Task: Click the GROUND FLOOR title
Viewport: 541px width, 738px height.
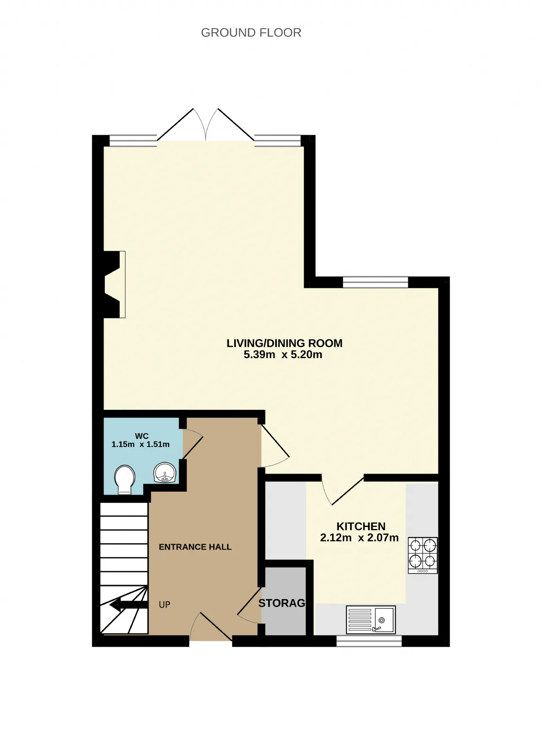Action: [x=251, y=33]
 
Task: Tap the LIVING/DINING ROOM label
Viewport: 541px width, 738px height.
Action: [x=284, y=343]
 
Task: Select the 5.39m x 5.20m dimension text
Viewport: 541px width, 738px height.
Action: [x=283, y=354]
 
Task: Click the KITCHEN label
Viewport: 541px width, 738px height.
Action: [x=361, y=526]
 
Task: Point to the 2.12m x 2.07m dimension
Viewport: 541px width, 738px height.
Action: [x=359, y=538]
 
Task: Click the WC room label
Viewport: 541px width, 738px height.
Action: [x=142, y=436]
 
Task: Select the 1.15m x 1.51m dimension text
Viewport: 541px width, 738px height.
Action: [x=140, y=444]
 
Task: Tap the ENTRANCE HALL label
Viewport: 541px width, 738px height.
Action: [x=195, y=547]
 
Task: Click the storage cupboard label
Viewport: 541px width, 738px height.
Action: [x=282, y=603]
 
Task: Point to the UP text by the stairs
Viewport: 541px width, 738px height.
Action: [x=164, y=605]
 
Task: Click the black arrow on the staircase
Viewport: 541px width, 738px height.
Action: [x=128, y=605]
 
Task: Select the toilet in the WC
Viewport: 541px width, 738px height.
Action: [x=124, y=480]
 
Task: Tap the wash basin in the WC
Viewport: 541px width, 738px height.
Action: [x=164, y=473]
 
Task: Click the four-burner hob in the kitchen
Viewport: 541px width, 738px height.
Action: [x=423, y=555]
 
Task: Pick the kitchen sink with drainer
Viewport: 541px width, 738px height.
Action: [x=371, y=620]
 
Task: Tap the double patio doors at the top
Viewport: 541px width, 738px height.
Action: [x=206, y=125]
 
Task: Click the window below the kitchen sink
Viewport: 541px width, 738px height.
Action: [x=369, y=641]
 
